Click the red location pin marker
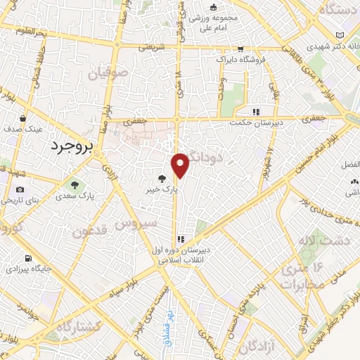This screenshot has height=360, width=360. tap(181, 164)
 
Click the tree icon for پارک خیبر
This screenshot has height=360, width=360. tap(163, 179)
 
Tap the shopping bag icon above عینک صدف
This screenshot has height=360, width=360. tap(25, 118)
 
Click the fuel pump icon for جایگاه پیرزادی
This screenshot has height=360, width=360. tap(27, 258)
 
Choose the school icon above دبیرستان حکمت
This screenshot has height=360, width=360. tap(257, 111)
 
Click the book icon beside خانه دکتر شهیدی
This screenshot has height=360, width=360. tap(340, 36)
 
